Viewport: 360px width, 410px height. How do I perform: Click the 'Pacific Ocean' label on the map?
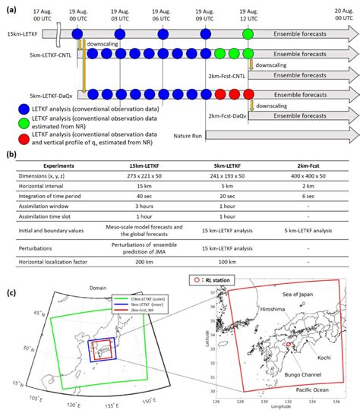coord(320,389)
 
